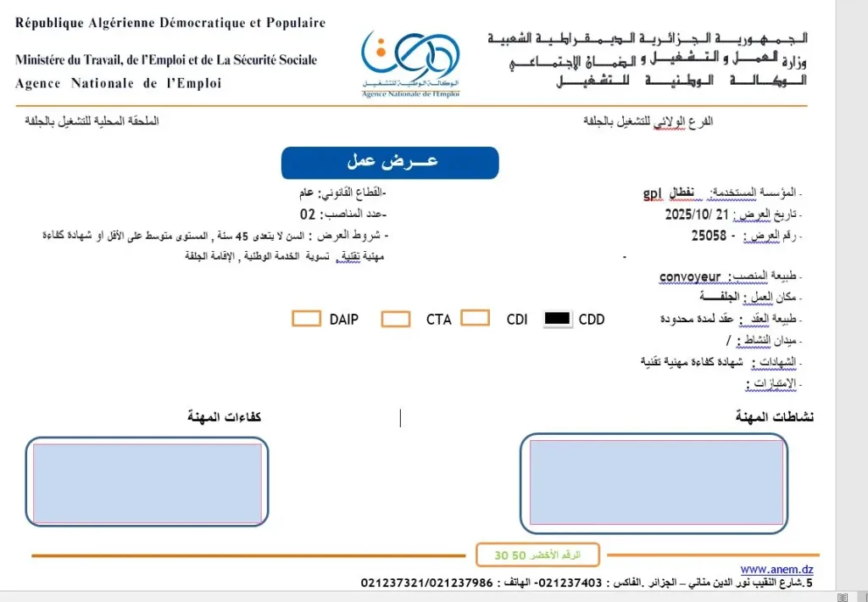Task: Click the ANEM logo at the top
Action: [410, 63]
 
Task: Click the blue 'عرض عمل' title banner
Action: [390, 162]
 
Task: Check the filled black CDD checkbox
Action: [557, 319]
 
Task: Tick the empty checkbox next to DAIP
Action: [306, 319]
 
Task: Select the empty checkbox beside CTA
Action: [396, 319]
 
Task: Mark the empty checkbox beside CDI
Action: [475, 318]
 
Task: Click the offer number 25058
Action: [709, 236]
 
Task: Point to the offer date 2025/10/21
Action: [698, 215]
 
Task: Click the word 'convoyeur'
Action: [690, 276]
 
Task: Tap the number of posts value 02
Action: [308, 215]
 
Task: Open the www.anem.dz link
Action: [776, 569]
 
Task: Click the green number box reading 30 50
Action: [537, 555]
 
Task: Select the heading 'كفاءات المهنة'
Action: [224, 416]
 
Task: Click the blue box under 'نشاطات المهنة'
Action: [653, 482]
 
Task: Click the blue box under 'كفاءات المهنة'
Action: [147, 482]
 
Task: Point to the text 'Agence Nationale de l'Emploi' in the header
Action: [118, 83]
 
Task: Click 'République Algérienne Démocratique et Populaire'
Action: [170, 23]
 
